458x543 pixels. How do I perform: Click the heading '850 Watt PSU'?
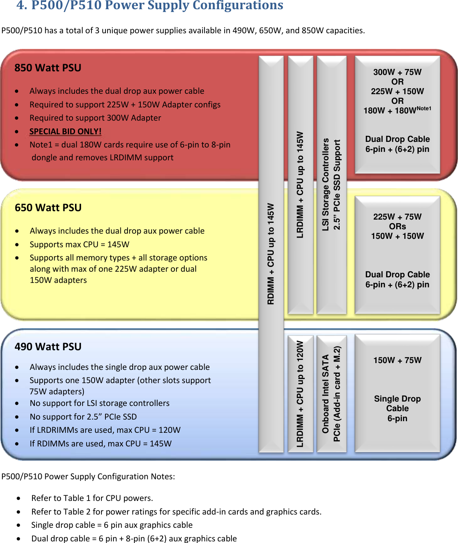[x=48, y=68]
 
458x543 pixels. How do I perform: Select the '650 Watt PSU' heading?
[x=48, y=208]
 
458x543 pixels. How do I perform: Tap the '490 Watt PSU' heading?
[x=48, y=347]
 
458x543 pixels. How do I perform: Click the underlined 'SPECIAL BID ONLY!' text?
[x=65, y=131]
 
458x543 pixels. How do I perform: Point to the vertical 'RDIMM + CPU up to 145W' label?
[x=271, y=254]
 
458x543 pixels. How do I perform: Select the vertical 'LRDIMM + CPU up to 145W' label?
[x=300, y=184]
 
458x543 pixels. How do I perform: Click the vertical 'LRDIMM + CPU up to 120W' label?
[x=300, y=394]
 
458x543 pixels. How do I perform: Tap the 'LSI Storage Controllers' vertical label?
[x=326, y=184]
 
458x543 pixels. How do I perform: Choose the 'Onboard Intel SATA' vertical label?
[x=326, y=394]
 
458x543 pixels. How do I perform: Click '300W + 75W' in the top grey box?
[x=397, y=72]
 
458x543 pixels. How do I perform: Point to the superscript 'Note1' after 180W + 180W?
[x=424, y=109]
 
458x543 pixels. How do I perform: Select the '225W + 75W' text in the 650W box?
[x=397, y=217]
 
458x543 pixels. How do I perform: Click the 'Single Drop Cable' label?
[x=397, y=404]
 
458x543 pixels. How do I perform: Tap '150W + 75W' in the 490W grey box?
[x=397, y=360]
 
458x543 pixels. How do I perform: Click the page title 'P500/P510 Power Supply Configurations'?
[x=150, y=6]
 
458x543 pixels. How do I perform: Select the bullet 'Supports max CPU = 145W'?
[x=79, y=244]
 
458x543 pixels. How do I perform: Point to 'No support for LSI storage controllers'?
[x=99, y=403]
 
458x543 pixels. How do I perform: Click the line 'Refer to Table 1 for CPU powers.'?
[x=92, y=498]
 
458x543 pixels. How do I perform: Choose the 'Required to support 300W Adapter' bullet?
[x=95, y=118]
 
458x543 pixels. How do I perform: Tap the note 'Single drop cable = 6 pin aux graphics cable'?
[x=112, y=525]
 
